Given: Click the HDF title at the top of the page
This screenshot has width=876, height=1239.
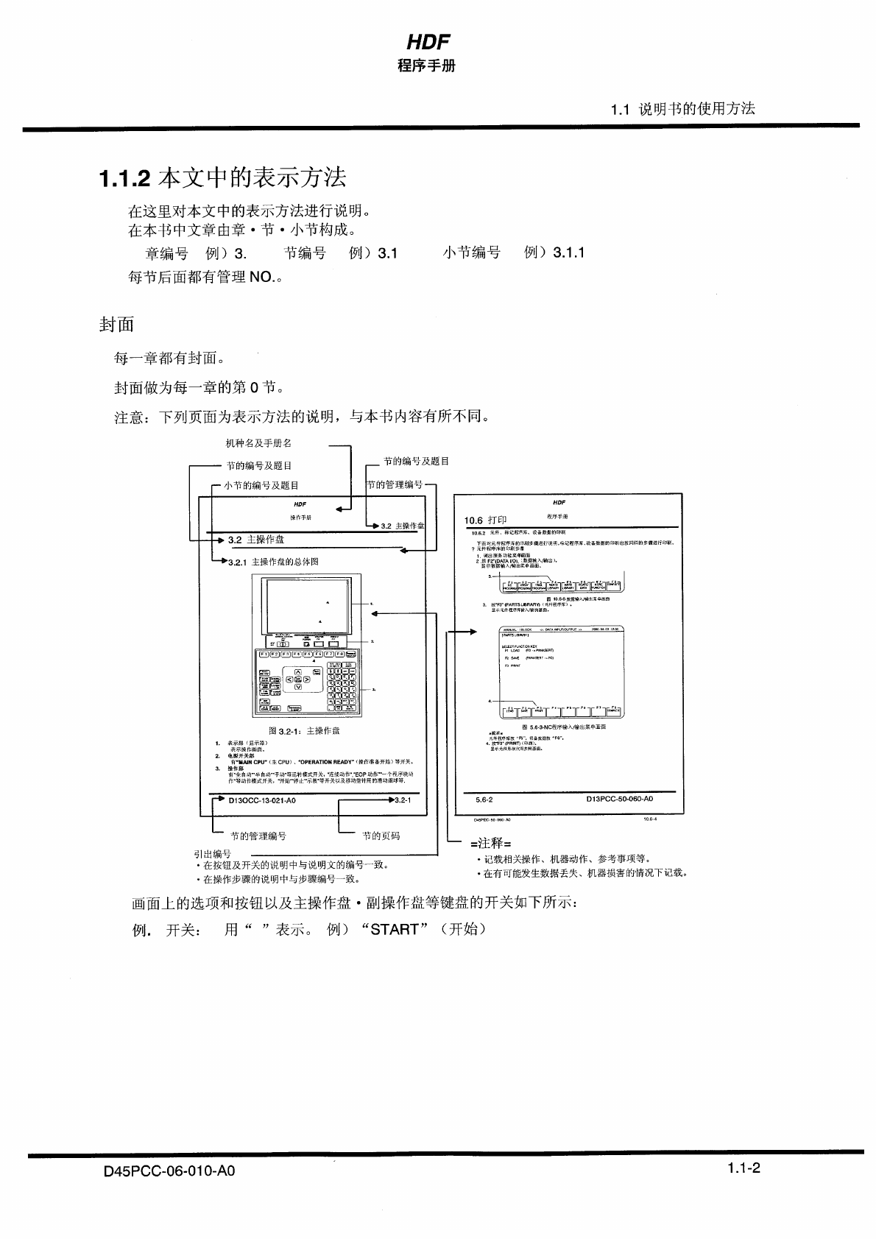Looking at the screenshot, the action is [428, 42].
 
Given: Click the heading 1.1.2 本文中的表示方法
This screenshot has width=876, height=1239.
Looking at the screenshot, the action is [222, 178].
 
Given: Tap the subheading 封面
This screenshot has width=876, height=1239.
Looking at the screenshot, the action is [116, 325].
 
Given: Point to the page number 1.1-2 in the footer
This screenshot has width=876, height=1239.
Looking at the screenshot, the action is [743, 1168].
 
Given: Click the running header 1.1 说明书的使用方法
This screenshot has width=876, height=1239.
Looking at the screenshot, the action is [682, 109].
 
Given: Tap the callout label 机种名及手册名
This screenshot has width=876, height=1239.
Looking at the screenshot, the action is [258, 443].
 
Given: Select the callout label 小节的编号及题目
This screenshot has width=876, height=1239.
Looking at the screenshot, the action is [262, 485].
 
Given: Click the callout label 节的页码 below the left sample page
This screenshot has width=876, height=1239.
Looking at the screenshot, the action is [381, 836].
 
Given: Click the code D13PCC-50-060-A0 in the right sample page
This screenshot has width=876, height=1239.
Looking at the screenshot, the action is [619, 799].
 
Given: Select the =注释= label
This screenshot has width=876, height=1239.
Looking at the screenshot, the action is [490, 843].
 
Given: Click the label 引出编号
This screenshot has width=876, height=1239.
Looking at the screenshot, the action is [212, 854].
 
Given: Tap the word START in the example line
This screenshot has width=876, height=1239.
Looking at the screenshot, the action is [395, 929].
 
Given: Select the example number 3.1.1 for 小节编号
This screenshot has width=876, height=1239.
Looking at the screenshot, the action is [565, 253].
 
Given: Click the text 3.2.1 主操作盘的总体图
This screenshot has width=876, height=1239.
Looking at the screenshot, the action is [273, 562].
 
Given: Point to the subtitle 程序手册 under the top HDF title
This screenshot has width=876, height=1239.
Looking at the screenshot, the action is [427, 66].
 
